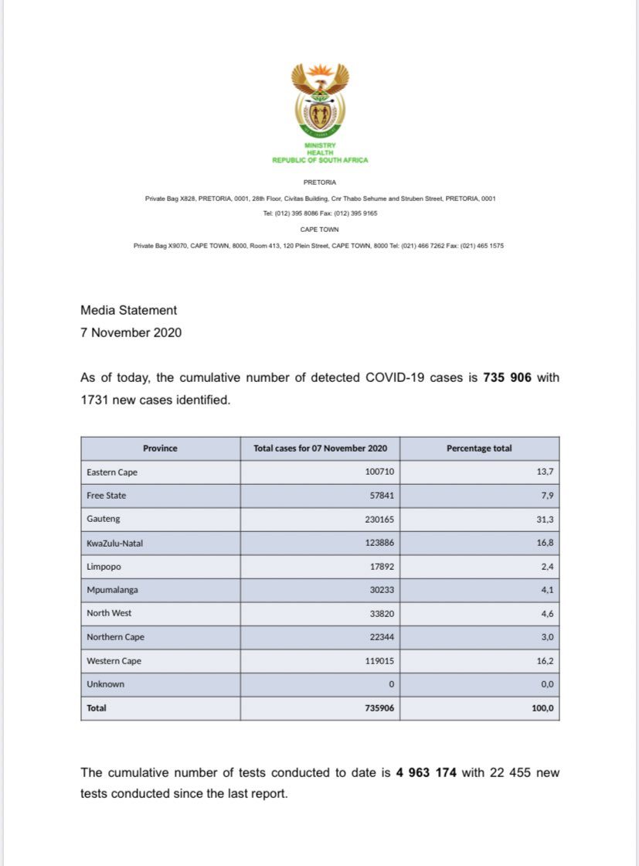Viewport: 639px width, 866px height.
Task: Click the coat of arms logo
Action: tap(319, 99)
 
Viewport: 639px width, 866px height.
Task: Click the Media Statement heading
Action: tap(128, 310)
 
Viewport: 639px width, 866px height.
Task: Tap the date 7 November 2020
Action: tap(131, 332)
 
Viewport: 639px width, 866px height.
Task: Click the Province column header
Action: tap(160, 448)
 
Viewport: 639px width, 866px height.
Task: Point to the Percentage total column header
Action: tap(479, 448)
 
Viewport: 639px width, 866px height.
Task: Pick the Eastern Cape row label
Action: tap(112, 472)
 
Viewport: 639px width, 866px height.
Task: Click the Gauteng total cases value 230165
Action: tap(380, 520)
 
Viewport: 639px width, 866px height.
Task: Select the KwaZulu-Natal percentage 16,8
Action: tap(545, 543)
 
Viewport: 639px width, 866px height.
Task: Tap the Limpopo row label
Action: tap(104, 567)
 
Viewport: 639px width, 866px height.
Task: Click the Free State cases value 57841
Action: tap(382, 496)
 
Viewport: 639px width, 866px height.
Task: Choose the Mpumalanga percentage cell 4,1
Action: tap(547, 590)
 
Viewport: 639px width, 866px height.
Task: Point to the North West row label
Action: tap(109, 613)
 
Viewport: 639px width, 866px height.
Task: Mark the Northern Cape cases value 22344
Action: tap(382, 637)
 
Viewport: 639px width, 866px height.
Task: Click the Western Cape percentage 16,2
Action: tap(545, 661)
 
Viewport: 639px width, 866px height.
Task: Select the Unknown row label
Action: tap(105, 684)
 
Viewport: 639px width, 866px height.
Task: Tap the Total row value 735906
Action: tap(380, 707)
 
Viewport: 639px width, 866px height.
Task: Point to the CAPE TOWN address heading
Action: tap(319, 230)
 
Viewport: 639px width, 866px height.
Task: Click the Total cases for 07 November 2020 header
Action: tap(320, 448)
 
